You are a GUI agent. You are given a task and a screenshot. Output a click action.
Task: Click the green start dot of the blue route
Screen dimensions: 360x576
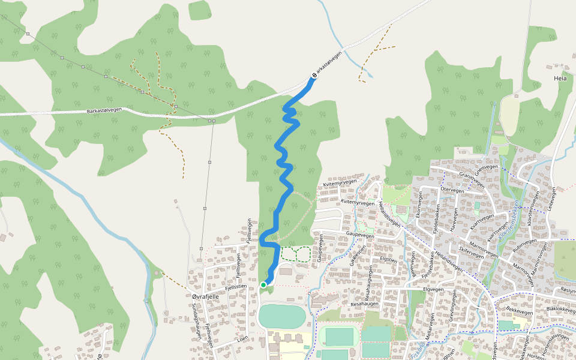pos(263,284)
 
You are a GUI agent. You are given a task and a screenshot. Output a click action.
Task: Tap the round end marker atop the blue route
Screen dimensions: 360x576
pos(313,76)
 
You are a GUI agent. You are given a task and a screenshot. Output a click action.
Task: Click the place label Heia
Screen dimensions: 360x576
pos(560,79)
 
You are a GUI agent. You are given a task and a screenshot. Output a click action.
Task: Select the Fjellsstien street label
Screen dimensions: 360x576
pos(236,287)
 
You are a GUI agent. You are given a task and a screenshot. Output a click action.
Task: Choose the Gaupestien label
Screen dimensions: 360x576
pos(358,256)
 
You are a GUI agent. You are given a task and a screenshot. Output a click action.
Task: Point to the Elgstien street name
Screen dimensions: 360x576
pos(389,260)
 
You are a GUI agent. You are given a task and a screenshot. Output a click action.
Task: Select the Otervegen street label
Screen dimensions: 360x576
pos(452,190)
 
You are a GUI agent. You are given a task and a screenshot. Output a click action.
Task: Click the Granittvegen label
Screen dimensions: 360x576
pos(470,178)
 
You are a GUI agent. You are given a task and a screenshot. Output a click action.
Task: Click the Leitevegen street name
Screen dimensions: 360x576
pos(552,201)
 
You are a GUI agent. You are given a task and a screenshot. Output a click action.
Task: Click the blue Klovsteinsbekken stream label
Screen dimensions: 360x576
pos(513,216)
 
